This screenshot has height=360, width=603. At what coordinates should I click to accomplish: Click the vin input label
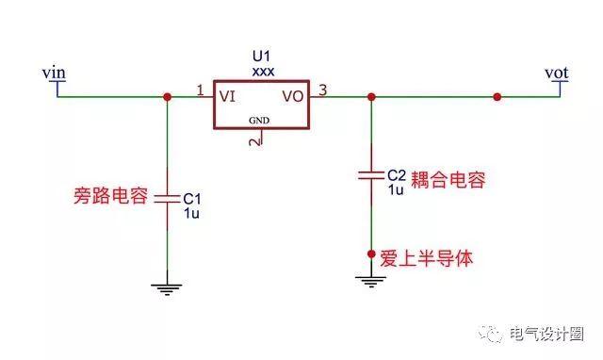[53, 72]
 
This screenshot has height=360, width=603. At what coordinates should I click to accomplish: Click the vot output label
[558, 72]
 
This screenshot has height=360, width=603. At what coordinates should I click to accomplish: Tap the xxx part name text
[263, 71]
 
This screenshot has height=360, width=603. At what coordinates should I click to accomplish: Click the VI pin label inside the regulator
[227, 95]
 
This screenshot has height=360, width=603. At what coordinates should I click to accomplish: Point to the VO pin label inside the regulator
[293, 95]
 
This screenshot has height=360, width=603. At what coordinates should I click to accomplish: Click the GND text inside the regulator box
[259, 121]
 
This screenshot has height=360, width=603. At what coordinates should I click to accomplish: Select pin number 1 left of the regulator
[200, 90]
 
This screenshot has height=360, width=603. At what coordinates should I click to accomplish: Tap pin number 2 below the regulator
[253, 140]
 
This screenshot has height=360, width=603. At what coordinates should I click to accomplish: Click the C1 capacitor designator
[192, 199]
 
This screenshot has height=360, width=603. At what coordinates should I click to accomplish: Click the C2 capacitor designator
[397, 175]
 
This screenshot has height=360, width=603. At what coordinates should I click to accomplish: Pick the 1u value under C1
[191, 213]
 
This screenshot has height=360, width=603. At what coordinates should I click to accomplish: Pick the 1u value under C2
[396, 188]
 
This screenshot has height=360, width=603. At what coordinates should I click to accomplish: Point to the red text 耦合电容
[448, 181]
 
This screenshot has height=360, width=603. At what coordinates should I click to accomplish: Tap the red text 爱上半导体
[426, 255]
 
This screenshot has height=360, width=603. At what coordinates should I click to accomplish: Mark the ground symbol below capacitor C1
[167, 288]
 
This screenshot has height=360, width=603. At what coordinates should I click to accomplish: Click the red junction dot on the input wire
[167, 96]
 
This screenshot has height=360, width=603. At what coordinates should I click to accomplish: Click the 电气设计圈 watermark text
[546, 335]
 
